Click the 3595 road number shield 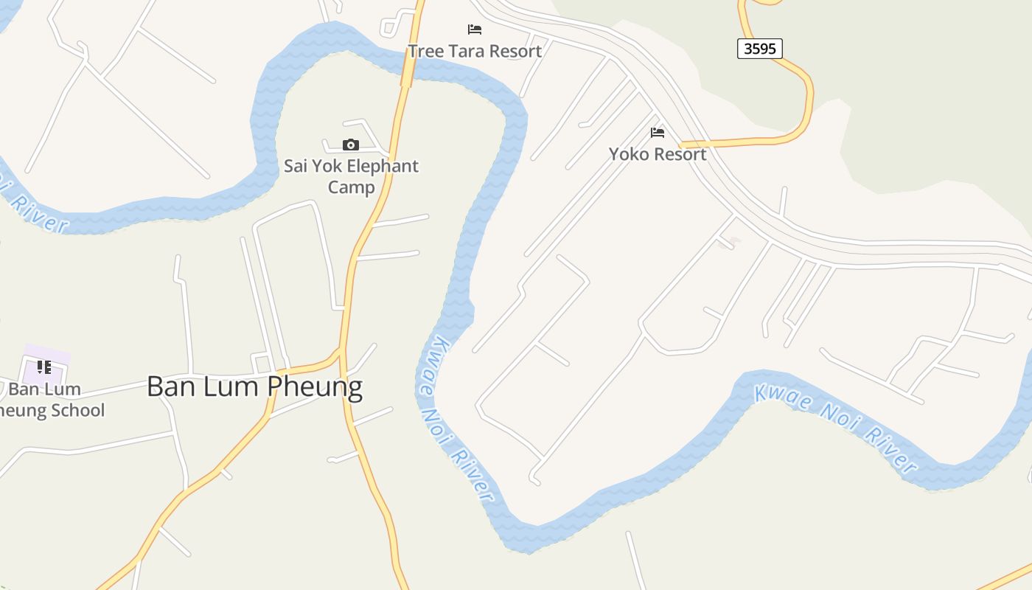(759, 49)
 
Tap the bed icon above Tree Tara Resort (475, 29)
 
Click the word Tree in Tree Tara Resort (425, 51)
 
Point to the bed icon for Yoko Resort (658, 133)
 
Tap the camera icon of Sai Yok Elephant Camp (351, 145)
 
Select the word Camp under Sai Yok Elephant (352, 187)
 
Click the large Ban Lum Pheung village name (254, 386)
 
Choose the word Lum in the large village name (231, 386)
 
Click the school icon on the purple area (44, 367)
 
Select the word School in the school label (77, 410)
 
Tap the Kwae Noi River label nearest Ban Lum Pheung (455, 418)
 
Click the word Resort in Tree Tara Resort (516, 51)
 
